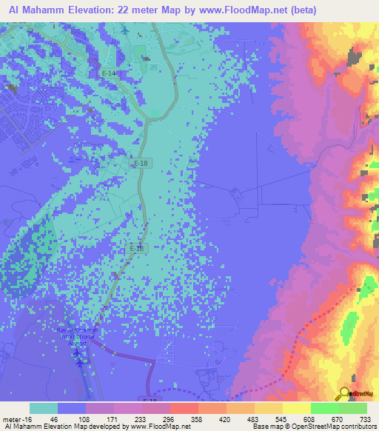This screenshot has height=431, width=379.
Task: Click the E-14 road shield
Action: pyautogui.click(x=109, y=74)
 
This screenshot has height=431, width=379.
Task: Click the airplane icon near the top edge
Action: pyautogui.click(x=124, y=31)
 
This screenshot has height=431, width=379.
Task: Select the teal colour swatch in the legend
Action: pyautogui.click(x=44, y=408)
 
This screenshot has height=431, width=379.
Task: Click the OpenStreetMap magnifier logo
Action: pyautogui.click(x=344, y=394)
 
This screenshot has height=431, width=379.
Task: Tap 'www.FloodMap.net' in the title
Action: pyautogui.click(x=238, y=10)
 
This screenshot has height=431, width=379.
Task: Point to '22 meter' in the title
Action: pyautogui.click(x=136, y=10)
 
